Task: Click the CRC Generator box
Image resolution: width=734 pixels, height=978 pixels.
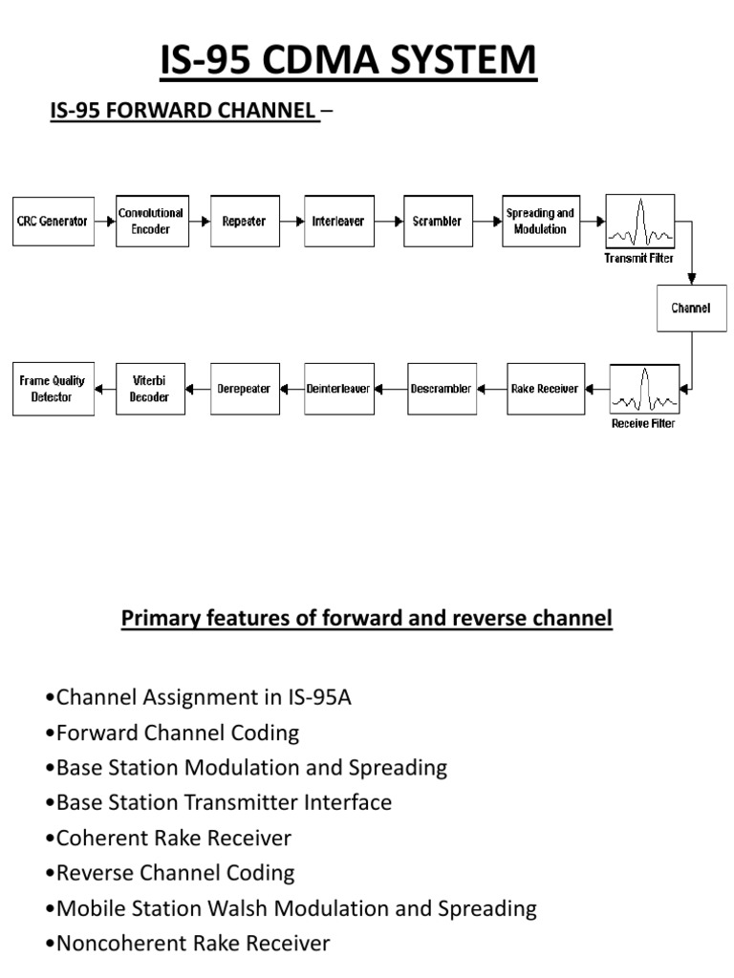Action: (x=54, y=222)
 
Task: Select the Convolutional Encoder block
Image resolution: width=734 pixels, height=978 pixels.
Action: (x=150, y=222)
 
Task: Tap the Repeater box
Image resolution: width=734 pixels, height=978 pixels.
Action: (x=244, y=222)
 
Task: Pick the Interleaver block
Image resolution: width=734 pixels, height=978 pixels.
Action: (x=339, y=222)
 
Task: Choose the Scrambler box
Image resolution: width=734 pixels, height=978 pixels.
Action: (x=438, y=222)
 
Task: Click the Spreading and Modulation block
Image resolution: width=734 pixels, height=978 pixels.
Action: (x=540, y=222)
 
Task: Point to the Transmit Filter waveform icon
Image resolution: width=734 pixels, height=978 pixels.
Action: (x=639, y=222)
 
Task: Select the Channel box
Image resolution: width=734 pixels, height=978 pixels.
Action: (x=691, y=308)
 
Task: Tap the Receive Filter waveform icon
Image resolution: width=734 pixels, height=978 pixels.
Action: (x=644, y=389)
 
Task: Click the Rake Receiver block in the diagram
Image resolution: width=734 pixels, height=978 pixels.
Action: (x=545, y=389)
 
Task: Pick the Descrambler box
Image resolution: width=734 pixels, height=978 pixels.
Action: (x=442, y=389)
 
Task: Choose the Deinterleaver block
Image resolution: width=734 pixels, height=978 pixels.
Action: (x=339, y=389)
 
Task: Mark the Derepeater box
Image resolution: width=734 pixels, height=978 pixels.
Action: (x=244, y=389)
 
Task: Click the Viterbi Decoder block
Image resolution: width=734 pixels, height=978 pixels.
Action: (x=149, y=389)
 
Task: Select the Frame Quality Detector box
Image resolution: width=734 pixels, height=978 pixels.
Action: (x=54, y=389)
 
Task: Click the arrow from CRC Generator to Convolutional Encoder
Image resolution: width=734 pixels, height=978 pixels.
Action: (x=105, y=222)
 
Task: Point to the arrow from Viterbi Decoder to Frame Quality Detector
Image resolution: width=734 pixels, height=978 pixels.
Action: (x=105, y=389)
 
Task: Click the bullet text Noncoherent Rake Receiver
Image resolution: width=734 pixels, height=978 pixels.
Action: (x=193, y=944)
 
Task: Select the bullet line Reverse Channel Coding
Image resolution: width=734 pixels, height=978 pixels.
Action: (x=176, y=872)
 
